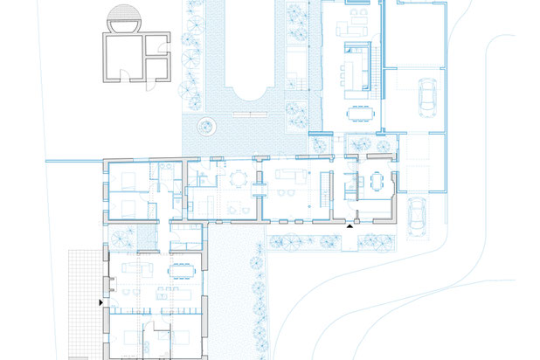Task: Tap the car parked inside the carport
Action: (429, 95)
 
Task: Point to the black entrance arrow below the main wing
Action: (350, 225)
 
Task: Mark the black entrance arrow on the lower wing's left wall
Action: (102, 302)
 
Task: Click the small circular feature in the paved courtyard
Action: (206, 124)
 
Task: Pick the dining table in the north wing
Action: (359, 113)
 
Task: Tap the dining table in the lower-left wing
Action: (182, 269)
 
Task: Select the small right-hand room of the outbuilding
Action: (159, 66)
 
